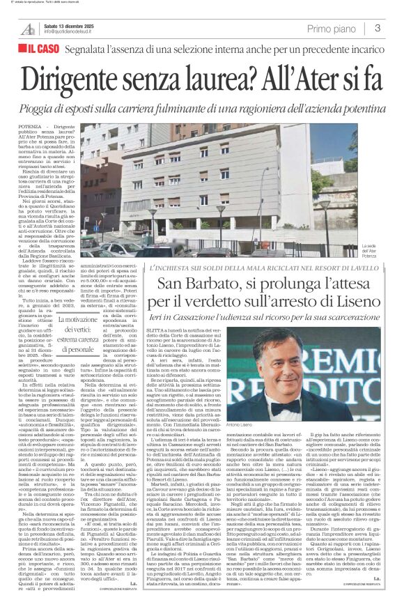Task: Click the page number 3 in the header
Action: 377,28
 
